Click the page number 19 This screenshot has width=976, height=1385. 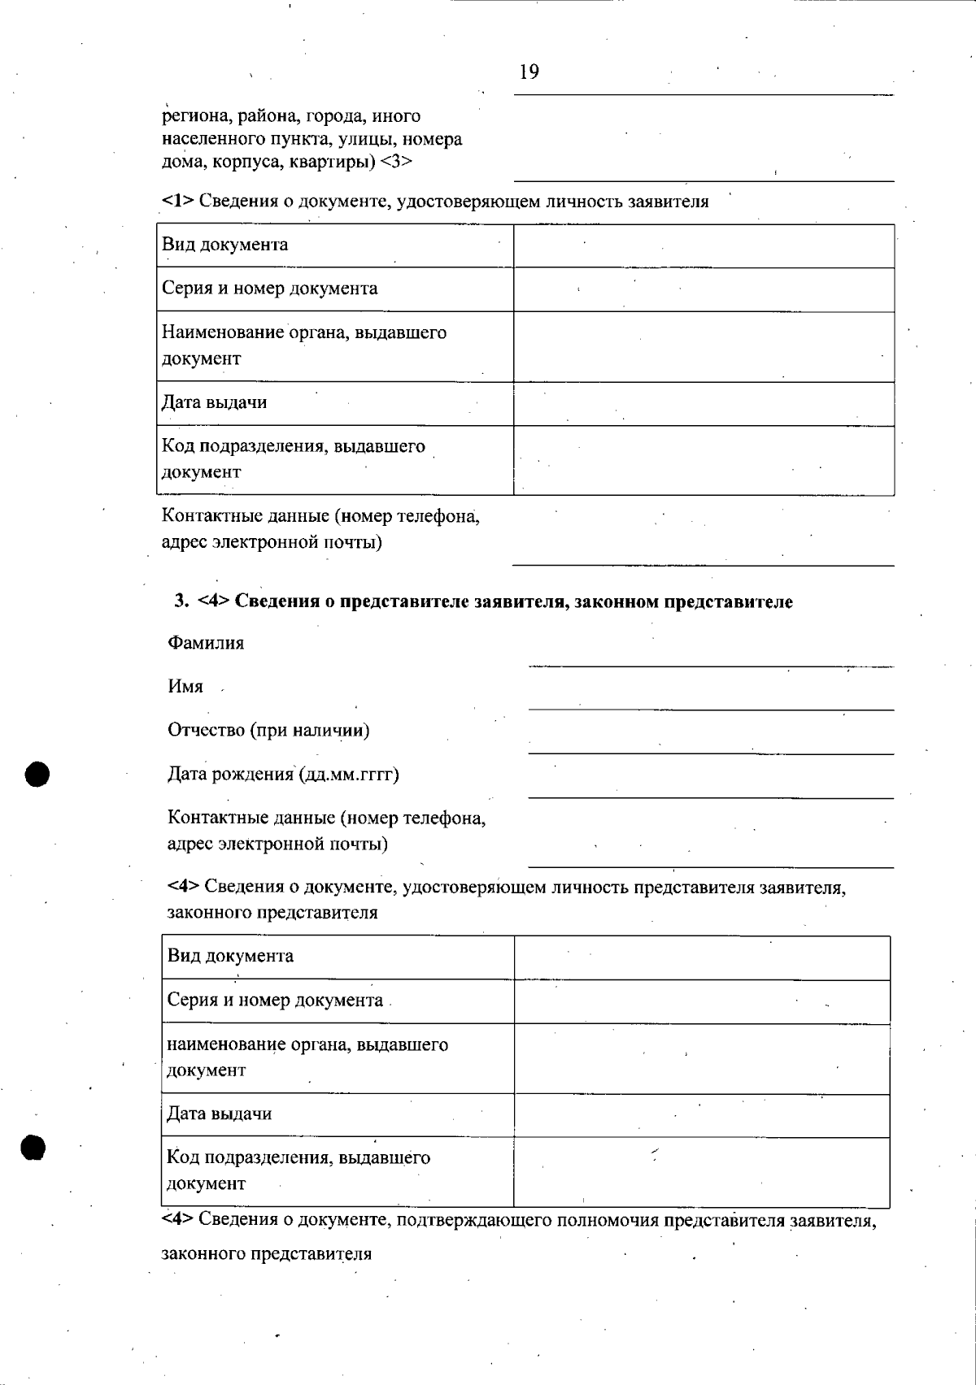tap(529, 72)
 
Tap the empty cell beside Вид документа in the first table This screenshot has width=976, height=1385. tap(704, 245)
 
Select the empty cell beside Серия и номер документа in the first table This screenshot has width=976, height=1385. tap(704, 289)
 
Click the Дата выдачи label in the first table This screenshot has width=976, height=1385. tap(214, 403)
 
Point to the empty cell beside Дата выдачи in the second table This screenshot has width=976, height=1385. tap(702, 1115)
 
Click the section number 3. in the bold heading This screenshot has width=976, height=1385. tap(181, 601)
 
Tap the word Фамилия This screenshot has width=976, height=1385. tap(206, 644)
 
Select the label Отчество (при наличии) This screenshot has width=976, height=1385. tap(268, 730)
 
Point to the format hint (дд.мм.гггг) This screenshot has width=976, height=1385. tap(349, 774)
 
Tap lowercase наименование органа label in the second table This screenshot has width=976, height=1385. tap(307, 1044)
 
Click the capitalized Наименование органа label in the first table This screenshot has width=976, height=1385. tap(304, 332)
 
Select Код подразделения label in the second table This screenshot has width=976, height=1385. tap(298, 1157)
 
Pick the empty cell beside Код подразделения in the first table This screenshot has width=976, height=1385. tap(704, 460)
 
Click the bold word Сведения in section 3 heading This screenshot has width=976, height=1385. tap(277, 601)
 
